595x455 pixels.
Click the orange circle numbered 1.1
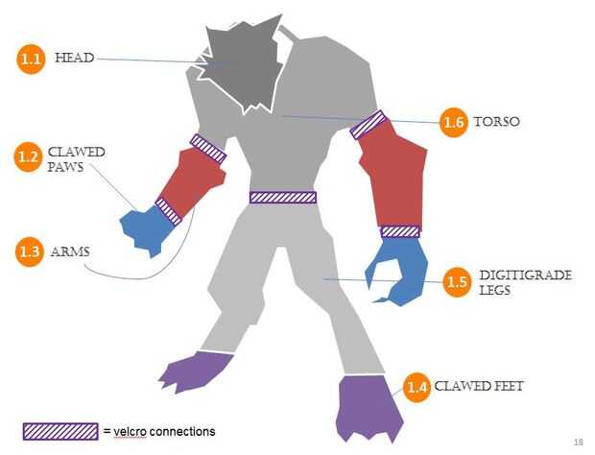(x=32, y=59)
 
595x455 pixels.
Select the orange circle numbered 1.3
(x=32, y=252)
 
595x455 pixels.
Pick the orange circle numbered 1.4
(x=416, y=387)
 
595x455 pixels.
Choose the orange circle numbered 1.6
(x=454, y=123)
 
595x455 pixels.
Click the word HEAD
(x=74, y=58)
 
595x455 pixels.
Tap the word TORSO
(x=496, y=123)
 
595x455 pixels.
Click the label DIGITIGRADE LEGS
(x=524, y=282)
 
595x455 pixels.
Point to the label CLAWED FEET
(x=479, y=387)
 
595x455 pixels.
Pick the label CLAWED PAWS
(x=76, y=159)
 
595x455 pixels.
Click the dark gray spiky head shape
(x=240, y=64)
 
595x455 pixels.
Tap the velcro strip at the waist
(x=283, y=197)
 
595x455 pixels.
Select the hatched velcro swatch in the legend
(x=61, y=431)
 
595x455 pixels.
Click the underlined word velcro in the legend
(x=131, y=431)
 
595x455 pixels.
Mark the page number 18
(x=578, y=443)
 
